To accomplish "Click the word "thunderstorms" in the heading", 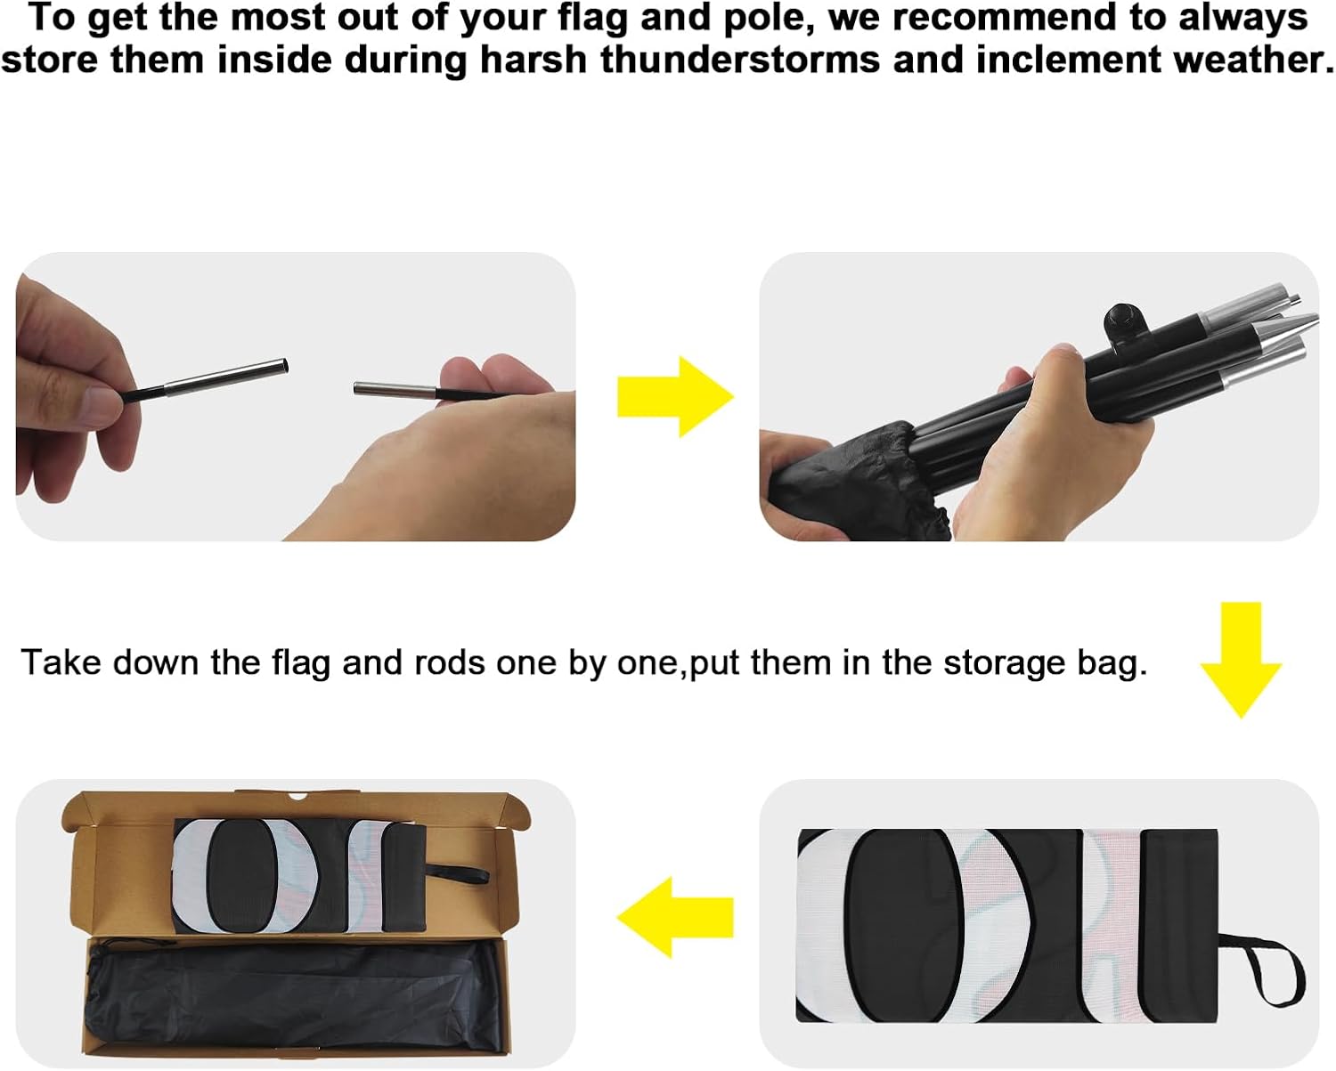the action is pyautogui.click(x=740, y=61).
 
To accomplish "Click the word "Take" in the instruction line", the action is pyautogui.click(x=61, y=661).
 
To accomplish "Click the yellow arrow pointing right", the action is pyautogui.click(x=675, y=396).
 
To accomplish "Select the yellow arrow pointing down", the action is pyautogui.click(x=1241, y=660).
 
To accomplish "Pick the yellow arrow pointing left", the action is pyautogui.click(x=675, y=917).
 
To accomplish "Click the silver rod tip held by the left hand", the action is pyautogui.click(x=226, y=377).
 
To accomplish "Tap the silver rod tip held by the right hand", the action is pyautogui.click(x=395, y=390).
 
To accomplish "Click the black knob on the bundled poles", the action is pyautogui.click(x=1122, y=320).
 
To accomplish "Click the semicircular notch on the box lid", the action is pyautogui.click(x=298, y=796).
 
